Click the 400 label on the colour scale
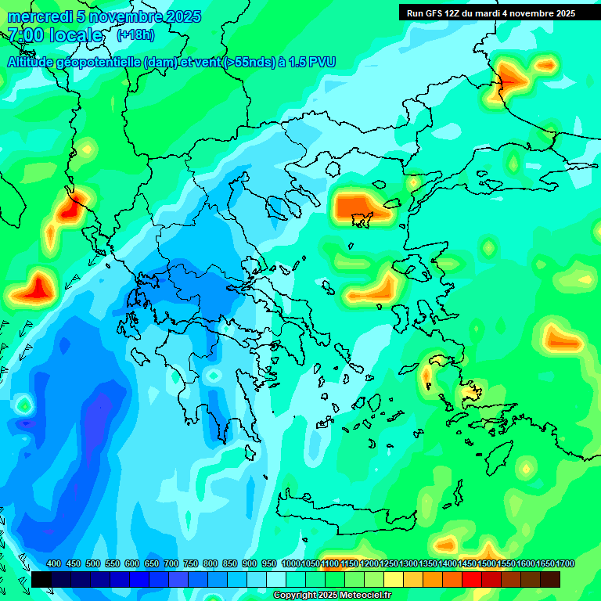point(54,563)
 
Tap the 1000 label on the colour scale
point(291,563)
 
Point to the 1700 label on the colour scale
point(566,563)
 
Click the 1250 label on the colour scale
point(389,563)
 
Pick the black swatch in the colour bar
point(41,579)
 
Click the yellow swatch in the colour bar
point(394,579)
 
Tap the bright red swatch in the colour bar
point(472,579)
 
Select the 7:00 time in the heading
point(25,35)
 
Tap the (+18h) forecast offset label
point(135,35)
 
